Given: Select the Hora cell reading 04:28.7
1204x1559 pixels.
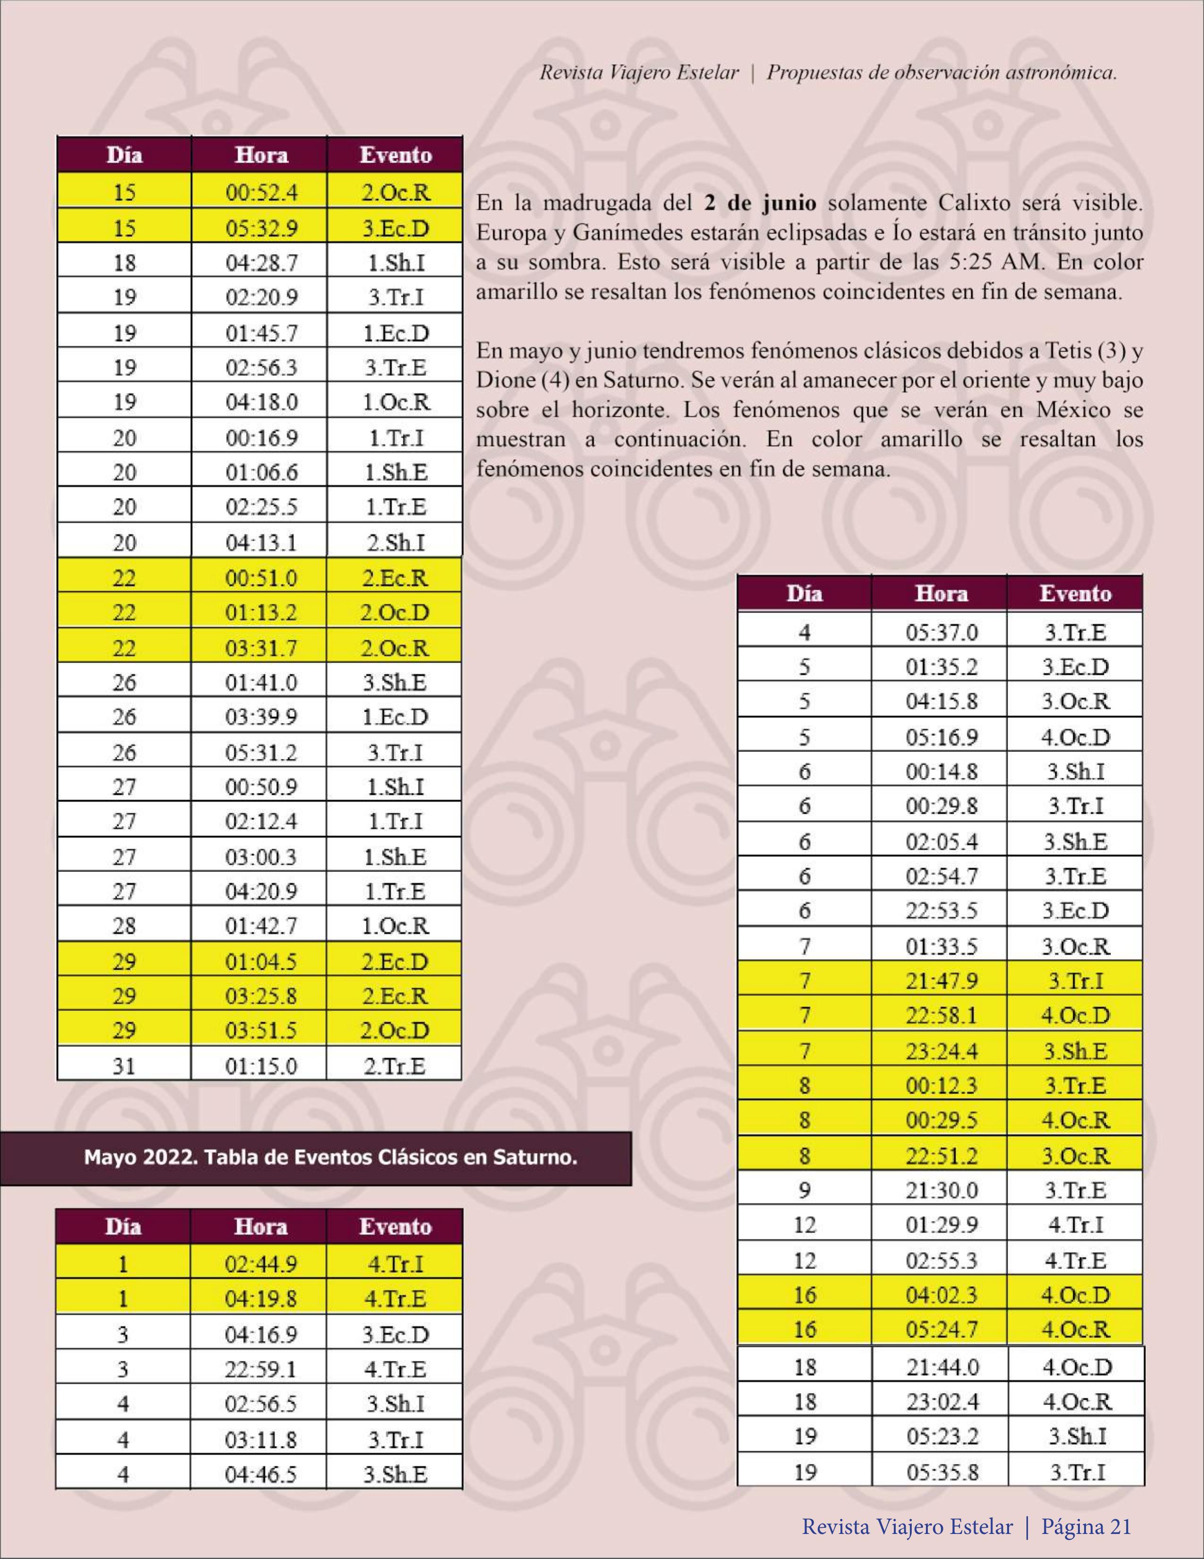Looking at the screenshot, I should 261,263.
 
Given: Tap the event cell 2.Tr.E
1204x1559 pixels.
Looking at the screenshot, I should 395,1066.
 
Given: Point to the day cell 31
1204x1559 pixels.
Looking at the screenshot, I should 124,1066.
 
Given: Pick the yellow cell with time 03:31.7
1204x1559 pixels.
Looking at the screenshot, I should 261,648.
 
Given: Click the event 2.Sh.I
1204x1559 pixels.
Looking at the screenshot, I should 395,543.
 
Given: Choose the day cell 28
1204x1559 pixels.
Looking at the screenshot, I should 124,926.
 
